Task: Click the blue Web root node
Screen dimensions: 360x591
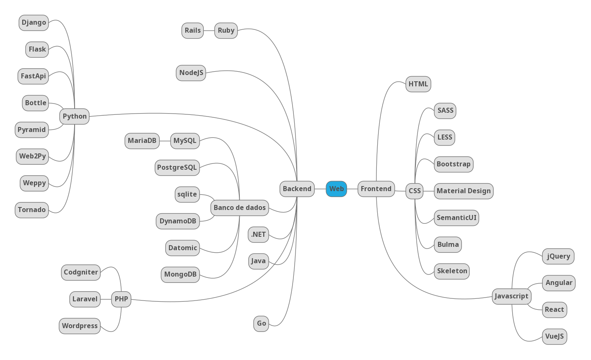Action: pos(336,189)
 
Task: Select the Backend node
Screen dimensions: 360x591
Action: pos(297,189)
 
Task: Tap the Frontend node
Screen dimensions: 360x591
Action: pos(376,189)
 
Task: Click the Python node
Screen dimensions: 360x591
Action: pos(75,117)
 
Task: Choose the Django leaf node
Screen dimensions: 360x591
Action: pos(34,23)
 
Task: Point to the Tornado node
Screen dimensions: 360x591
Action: pos(31,210)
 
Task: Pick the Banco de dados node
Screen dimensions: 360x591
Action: pos(239,208)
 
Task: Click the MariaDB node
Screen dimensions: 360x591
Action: pos(142,141)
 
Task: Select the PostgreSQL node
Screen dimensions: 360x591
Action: pos(177,168)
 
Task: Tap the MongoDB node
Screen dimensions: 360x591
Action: pos(180,275)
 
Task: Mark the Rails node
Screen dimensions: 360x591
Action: pos(192,31)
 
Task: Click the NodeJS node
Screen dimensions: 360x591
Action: pos(191,73)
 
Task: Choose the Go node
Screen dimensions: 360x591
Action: pos(261,324)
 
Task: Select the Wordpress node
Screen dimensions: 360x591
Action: pos(80,326)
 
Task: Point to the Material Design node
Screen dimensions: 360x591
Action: pos(464,191)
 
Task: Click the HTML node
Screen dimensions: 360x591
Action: pos(418,84)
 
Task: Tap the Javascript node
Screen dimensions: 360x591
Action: pos(511,296)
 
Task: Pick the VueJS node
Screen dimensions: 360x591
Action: pos(554,337)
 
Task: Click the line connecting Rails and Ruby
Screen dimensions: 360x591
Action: pos(209,31)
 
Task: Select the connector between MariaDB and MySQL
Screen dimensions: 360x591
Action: pos(165,141)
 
